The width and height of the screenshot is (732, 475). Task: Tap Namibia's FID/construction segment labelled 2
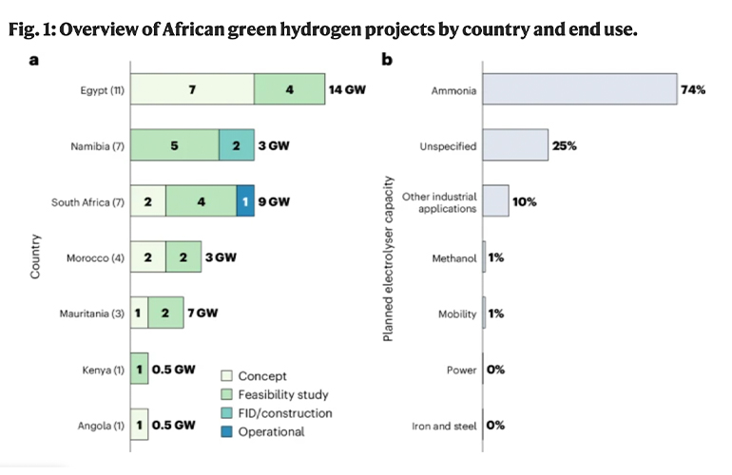click(x=236, y=146)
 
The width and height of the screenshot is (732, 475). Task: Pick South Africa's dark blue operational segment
click(x=245, y=201)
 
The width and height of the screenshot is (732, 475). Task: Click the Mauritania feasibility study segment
click(x=165, y=312)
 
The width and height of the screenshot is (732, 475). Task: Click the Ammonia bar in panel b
click(x=580, y=92)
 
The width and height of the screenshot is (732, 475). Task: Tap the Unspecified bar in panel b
click(x=515, y=146)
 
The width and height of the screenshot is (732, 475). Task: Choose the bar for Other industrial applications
click(x=495, y=201)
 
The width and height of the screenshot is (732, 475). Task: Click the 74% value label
click(x=693, y=92)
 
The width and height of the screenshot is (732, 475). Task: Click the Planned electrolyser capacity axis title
click(x=389, y=257)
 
